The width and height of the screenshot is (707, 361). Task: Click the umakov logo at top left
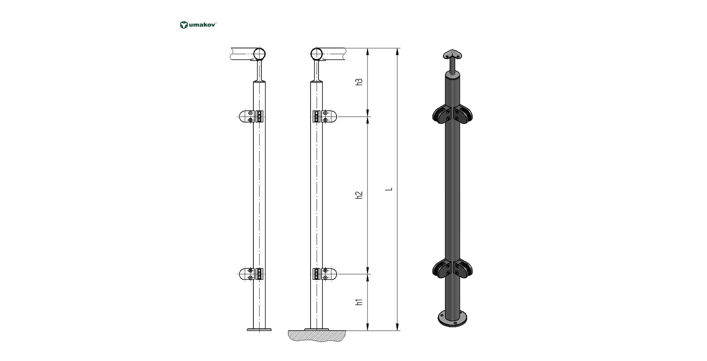point(198,25)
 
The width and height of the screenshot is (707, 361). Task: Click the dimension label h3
point(359,82)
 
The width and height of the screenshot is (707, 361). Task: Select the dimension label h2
point(359,195)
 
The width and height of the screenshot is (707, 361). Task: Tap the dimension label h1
point(359,302)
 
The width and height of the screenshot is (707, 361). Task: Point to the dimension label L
point(390,189)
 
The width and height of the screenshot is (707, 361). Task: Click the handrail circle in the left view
point(260,54)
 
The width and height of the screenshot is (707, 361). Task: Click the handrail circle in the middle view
point(317,54)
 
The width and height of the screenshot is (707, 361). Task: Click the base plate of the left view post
point(259,329)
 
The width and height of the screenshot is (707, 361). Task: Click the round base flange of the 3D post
point(452,319)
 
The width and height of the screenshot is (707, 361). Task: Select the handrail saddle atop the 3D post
point(452,55)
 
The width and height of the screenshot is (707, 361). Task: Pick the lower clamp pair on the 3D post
point(452,268)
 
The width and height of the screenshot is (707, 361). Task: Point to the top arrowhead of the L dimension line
point(397,51)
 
